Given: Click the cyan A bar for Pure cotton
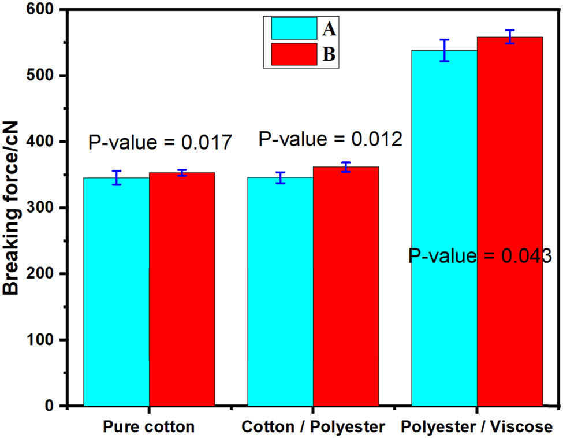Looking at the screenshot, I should [x=116, y=292].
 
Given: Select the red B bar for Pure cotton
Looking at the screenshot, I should [x=182, y=289].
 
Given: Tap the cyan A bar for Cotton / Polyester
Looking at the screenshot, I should [x=280, y=292].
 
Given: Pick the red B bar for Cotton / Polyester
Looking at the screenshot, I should [x=346, y=286].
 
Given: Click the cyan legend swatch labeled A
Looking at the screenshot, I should [x=294, y=28].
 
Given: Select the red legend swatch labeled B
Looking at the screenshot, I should [x=294, y=54].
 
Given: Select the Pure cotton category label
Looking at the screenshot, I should [x=148, y=427].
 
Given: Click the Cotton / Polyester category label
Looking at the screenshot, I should [x=312, y=427].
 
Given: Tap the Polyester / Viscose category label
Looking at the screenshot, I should [x=476, y=427].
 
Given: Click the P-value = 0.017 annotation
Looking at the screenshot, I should [x=160, y=143].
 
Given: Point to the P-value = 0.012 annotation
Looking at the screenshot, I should [x=330, y=139].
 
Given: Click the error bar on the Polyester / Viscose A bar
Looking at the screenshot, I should [x=444, y=50].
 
